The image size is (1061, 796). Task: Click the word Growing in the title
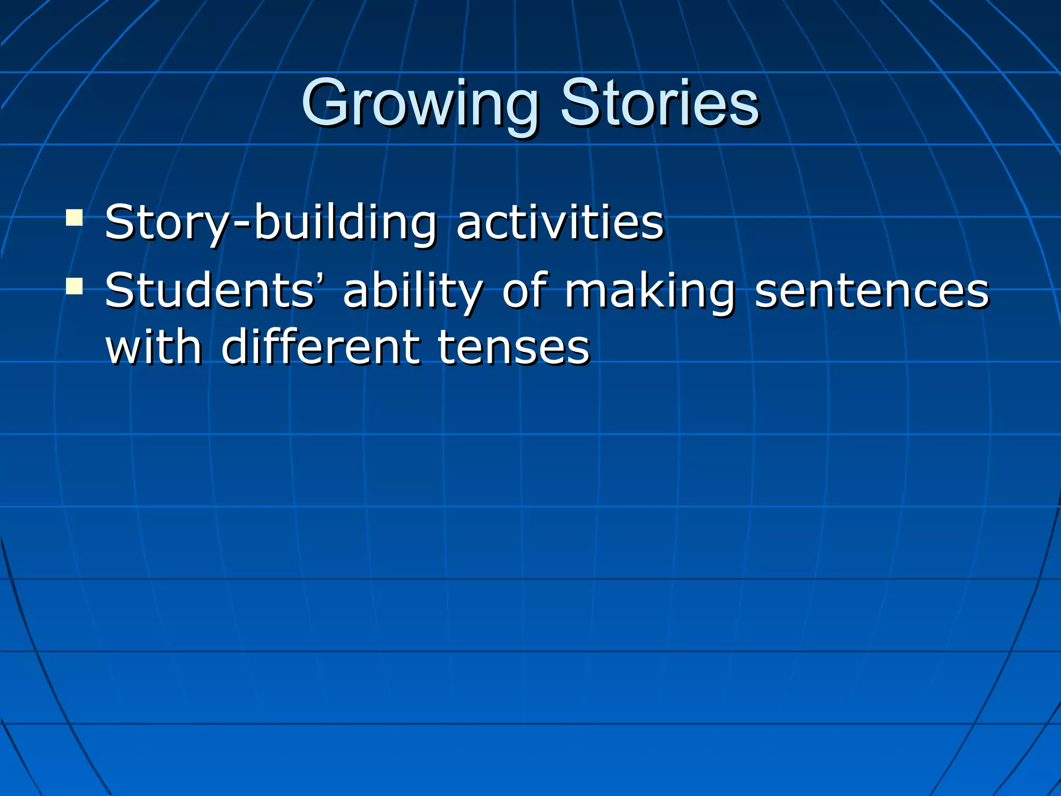420,104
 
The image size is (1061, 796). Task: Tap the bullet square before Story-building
75,217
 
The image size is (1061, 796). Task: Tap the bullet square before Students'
75,286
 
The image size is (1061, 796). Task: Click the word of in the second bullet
523,290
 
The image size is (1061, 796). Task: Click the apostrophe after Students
320,280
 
